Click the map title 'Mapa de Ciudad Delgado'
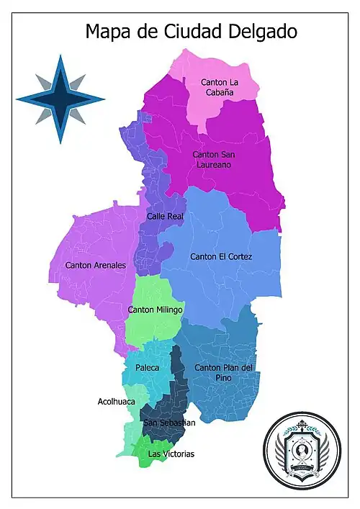click(191, 31)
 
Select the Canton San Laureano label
click(214, 159)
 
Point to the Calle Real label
click(165, 216)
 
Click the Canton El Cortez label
click(221, 256)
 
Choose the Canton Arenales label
click(95, 265)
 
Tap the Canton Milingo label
click(155, 310)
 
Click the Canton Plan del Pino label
click(224, 371)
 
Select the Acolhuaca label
click(117, 401)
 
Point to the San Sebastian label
click(168, 423)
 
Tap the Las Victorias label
click(171, 454)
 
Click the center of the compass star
click(60, 99)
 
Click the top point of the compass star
click(60, 57)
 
